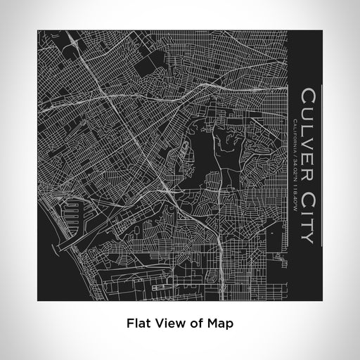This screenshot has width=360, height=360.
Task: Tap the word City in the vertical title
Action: (307, 208)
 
